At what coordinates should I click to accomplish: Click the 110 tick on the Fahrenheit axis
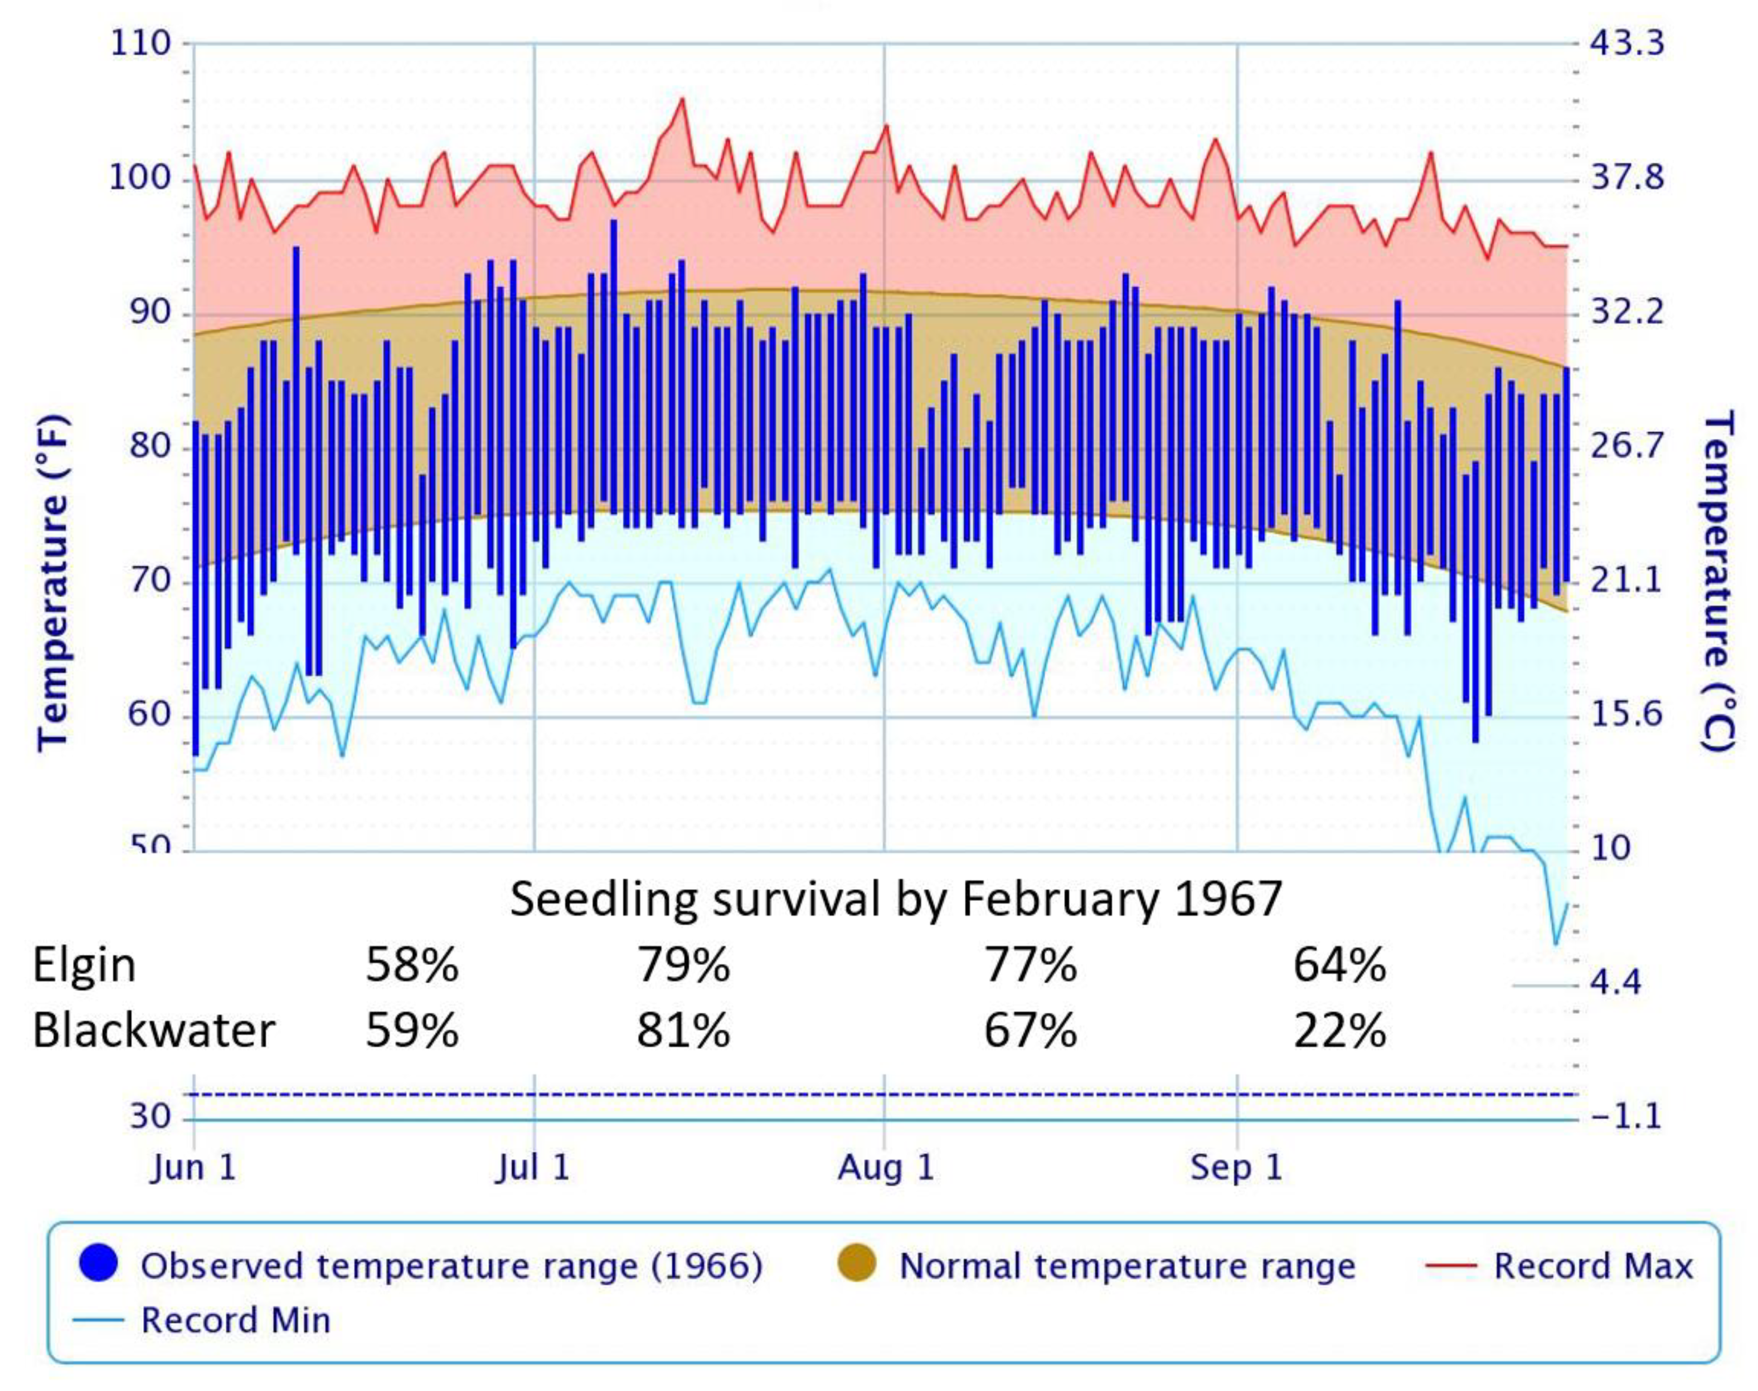139,43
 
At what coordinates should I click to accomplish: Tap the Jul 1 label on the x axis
533,1168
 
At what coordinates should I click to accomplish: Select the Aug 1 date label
886,1168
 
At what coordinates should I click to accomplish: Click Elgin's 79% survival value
683,965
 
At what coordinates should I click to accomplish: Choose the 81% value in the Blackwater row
683,1030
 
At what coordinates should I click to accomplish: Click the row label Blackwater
154,1030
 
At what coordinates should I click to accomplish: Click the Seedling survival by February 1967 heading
896,900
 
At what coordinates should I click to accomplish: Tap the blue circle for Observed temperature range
99,1265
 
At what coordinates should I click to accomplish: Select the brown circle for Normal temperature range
856,1265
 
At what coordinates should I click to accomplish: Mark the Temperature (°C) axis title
1717,582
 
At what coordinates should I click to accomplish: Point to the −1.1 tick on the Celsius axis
1625,1116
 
